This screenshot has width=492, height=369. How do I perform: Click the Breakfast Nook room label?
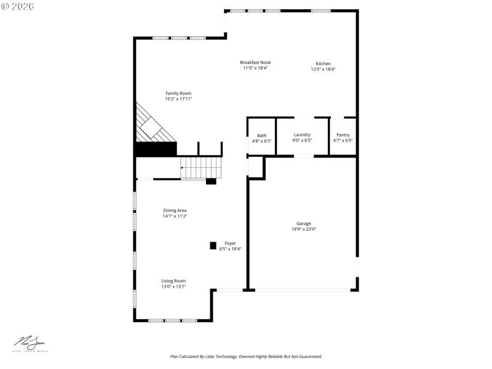click(255, 63)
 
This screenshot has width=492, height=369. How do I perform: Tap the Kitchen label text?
click(323, 64)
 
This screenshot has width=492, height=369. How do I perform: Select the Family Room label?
click(178, 93)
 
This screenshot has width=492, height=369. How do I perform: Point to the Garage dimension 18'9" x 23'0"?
click(303, 229)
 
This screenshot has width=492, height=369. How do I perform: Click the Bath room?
click(261, 138)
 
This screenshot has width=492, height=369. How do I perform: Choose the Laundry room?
click(302, 137)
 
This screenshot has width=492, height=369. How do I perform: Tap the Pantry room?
click(343, 138)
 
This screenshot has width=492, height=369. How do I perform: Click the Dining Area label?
click(175, 210)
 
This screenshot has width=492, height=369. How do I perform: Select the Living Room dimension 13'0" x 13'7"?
click(173, 287)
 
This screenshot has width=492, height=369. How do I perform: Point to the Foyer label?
click(230, 244)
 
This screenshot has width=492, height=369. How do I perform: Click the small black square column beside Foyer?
click(213, 245)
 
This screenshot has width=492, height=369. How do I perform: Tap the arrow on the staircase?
click(183, 167)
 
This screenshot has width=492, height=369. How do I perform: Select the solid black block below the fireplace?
click(156, 149)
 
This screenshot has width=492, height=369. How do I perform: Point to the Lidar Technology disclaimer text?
click(246, 356)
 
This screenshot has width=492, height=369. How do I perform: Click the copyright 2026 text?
click(18, 6)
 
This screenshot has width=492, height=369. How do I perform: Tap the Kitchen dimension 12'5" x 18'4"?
click(323, 69)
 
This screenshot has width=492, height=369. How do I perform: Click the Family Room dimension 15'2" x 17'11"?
click(178, 99)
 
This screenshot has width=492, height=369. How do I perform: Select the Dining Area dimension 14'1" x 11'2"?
click(175, 216)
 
